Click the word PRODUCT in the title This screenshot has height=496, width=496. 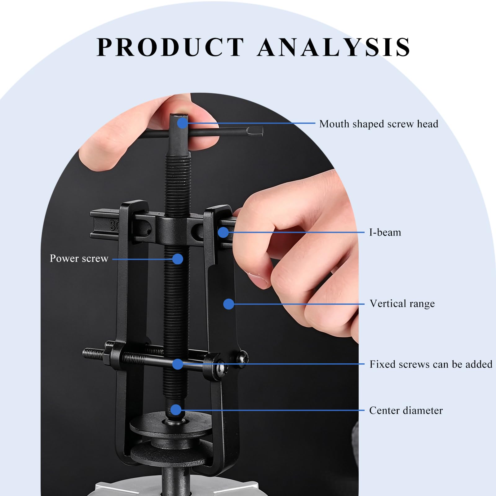[170, 47]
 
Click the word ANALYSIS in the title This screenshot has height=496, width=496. [334, 47]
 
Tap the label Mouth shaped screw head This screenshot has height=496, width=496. [379, 124]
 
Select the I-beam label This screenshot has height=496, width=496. [385, 232]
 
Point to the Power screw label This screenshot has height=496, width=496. [79, 258]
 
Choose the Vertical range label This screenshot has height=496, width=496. [402, 303]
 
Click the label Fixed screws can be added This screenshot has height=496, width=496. [431, 364]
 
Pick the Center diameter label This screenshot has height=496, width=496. [406, 410]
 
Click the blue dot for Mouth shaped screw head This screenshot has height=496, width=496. [183, 123]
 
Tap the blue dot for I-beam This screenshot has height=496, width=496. [223, 232]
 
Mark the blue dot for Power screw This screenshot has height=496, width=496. [178, 259]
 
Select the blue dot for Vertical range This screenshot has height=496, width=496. [228, 304]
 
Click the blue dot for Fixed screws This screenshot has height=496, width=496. [177, 364]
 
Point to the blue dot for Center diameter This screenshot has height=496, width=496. [176, 410]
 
